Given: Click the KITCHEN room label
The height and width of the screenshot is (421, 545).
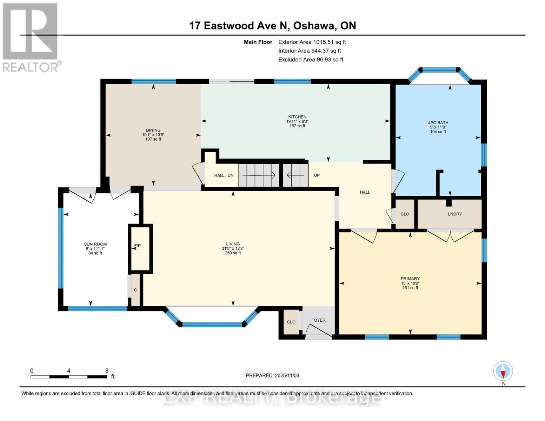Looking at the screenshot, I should [297, 117].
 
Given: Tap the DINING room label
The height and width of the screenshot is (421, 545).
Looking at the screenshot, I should [153, 130].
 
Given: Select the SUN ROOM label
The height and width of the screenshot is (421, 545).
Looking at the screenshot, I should [95, 244].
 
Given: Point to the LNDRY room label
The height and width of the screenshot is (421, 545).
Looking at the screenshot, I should [455, 214].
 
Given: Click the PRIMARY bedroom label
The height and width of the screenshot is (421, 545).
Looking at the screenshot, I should [410, 279].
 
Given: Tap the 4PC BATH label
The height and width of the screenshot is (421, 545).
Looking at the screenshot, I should [438, 123].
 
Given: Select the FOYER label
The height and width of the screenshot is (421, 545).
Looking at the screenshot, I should [318, 320].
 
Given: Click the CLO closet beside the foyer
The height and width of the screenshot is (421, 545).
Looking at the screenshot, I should [291, 322].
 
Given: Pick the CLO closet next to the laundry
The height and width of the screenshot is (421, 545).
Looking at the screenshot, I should [405, 214].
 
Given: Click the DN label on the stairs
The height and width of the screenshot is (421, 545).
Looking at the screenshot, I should [231, 175].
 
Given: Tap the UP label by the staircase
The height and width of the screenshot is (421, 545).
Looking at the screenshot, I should [317, 175].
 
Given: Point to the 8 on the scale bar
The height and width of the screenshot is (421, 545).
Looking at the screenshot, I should [107, 371].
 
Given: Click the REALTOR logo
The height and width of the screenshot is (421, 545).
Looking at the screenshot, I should [31, 37].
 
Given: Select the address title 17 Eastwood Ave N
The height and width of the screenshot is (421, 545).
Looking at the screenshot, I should [272, 26].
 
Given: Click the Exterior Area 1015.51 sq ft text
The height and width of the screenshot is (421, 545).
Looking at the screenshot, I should [312, 42].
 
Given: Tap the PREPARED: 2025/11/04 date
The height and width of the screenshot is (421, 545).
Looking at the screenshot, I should [272, 375].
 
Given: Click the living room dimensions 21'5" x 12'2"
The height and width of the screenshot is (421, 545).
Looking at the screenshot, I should [233, 248].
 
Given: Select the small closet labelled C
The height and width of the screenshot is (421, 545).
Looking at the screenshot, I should [135, 290].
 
